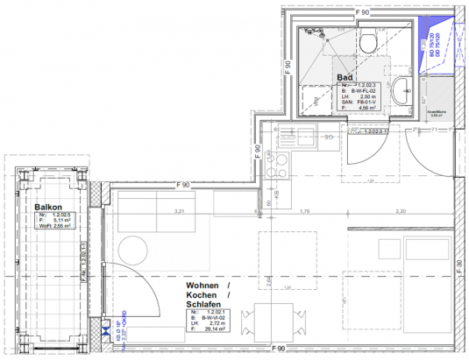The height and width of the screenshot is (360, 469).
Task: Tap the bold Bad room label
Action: pos(345,78)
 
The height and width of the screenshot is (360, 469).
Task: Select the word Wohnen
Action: pos(203,287)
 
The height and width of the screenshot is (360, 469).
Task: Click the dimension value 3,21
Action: pos(181,211)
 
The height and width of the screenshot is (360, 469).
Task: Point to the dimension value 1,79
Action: pos(307,211)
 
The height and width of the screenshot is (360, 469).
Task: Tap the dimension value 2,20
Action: pos(401,211)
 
